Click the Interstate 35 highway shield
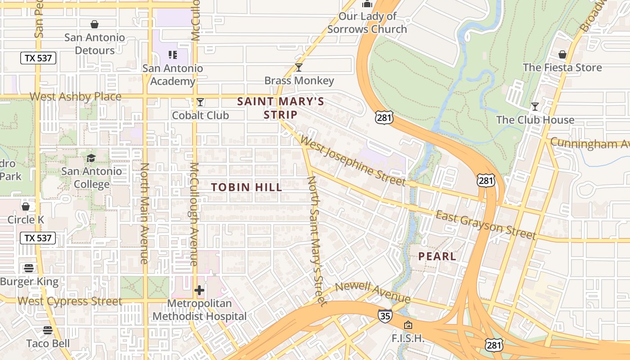[385, 316]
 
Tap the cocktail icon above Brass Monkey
[299, 67]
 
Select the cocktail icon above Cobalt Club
[200, 103]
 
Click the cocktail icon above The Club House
[535, 107]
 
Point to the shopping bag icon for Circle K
[26, 207]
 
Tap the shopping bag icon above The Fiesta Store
[562, 54]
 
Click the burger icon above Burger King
[29, 269]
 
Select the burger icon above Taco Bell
[48, 330]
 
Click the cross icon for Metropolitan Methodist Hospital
[199, 290]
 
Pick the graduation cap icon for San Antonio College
[91, 158]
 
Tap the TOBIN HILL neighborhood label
[247, 187]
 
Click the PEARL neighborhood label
[437, 256]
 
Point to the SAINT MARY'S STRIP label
[280, 108]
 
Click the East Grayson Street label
[486, 225]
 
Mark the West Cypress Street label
[69, 301]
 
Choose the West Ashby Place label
[76, 97]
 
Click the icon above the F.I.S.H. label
[408, 324]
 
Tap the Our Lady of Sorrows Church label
[367, 23]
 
